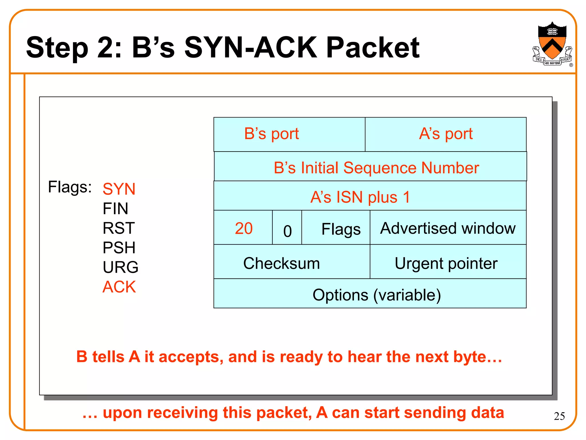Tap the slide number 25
pyautogui.click(x=559, y=416)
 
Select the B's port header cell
pyautogui.click(x=289, y=134)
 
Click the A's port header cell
pyautogui.click(x=446, y=134)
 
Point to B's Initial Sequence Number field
pyautogui.click(x=370, y=167)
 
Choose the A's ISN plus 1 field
pyautogui.click(x=370, y=197)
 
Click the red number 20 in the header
pyautogui.click(x=243, y=228)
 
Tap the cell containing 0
pyautogui.click(x=287, y=231)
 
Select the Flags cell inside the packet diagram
pyautogui.click(x=340, y=229)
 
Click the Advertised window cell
pyautogui.click(x=448, y=228)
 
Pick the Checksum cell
pyautogui.click(x=282, y=263)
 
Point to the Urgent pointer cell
pyautogui.click(x=446, y=263)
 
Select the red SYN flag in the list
pyautogui.click(x=119, y=189)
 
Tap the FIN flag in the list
pyautogui.click(x=115, y=208)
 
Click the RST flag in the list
pyautogui.click(x=118, y=228)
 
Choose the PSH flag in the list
pyautogui.click(x=119, y=247)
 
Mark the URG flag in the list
pyautogui.click(x=120, y=267)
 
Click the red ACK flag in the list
pyautogui.click(x=119, y=286)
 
